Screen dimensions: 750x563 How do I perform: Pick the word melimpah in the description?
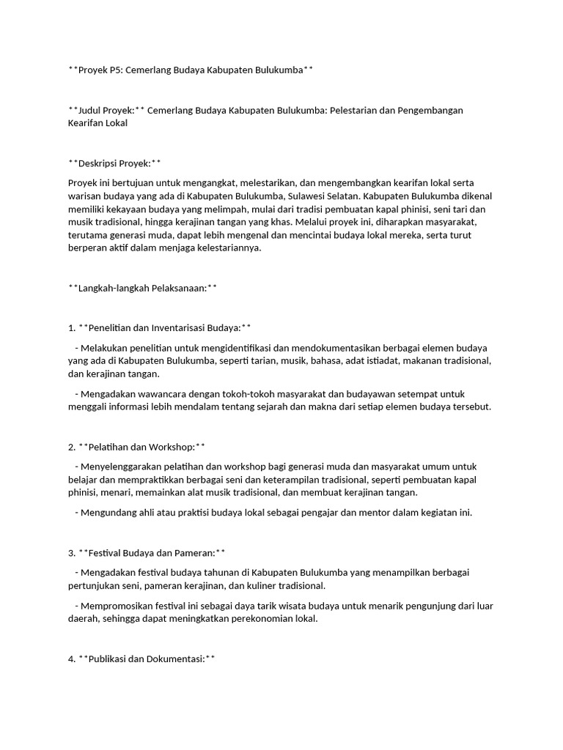[x=221, y=209]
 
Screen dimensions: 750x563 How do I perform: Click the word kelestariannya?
[x=223, y=248]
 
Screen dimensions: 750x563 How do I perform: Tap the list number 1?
[x=71, y=327]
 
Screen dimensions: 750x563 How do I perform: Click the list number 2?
[x=71, y=446]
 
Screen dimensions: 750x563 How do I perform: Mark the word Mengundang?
[x=111, y=512]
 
